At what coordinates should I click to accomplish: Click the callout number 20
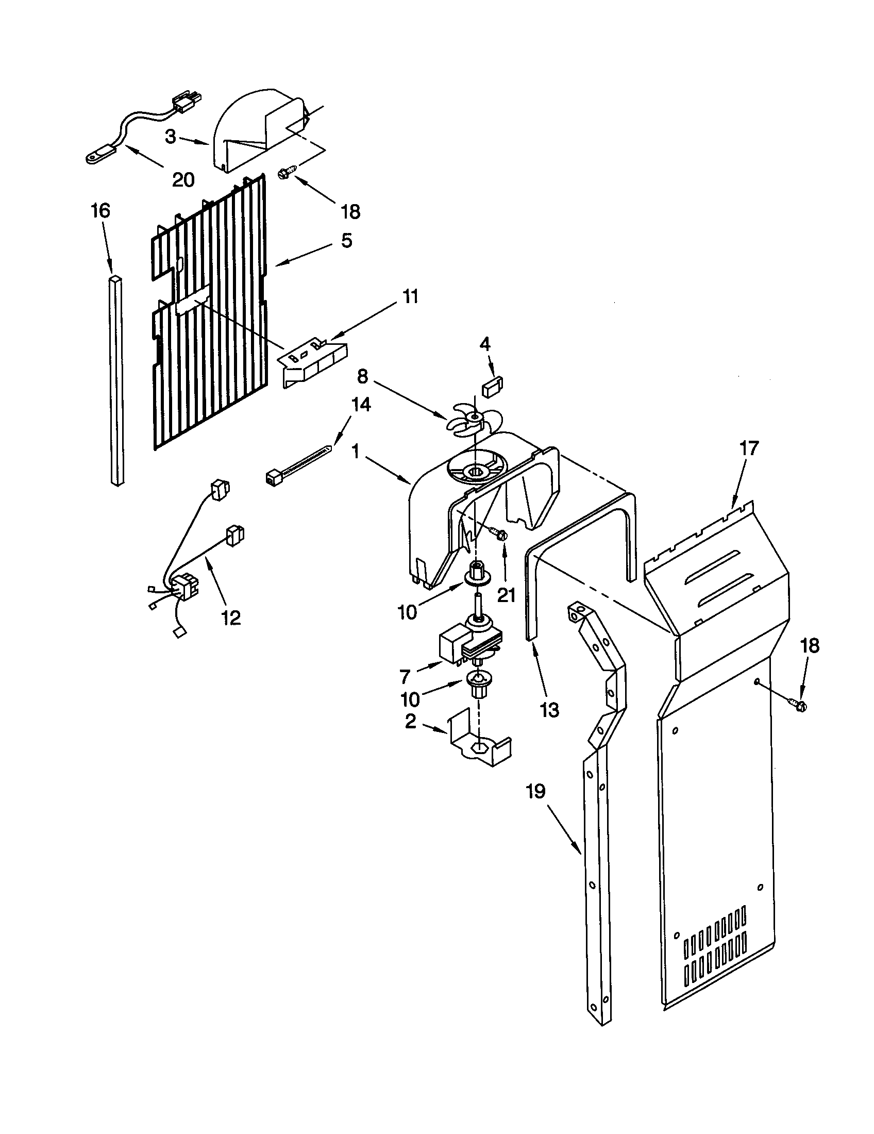(183, 180)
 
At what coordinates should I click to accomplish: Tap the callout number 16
(100, 211)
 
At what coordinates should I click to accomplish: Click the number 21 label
(506, 594)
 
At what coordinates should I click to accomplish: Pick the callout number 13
(549, 710)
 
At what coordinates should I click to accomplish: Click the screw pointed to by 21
(499, 534)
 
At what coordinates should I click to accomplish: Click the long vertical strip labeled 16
(117, 381)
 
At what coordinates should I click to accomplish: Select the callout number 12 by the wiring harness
(231, 618)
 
